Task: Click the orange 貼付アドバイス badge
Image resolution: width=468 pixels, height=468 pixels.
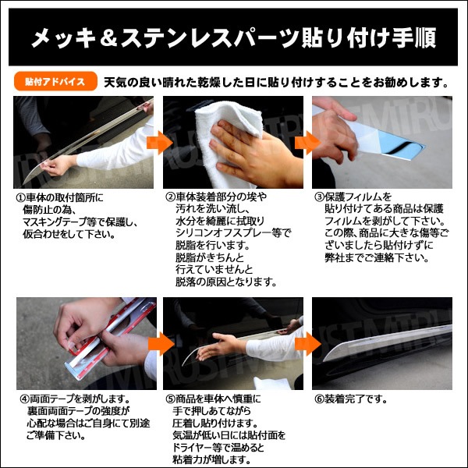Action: coord(55,81)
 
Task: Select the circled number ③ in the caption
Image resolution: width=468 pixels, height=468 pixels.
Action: coord(320,198)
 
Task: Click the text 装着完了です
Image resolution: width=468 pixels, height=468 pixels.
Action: coord(356,399)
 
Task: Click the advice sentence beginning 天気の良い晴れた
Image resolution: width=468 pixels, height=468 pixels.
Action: coord(277,81)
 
